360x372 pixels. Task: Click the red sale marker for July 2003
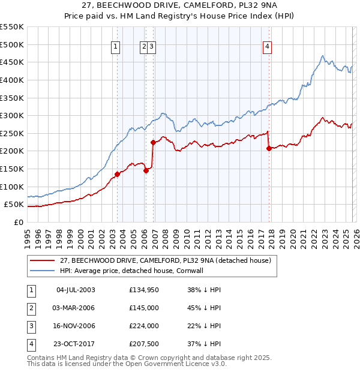(x=117, y=175)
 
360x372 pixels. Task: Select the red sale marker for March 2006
(x=145, y=170)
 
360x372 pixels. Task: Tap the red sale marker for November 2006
(x=153, y=143)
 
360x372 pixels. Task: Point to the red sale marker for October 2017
(x=269, y=148)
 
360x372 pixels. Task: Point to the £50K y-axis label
(x=14, y=205)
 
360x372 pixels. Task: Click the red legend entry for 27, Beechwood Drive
(x=166, y=260)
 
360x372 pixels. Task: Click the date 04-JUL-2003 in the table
(x=76, y=290)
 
